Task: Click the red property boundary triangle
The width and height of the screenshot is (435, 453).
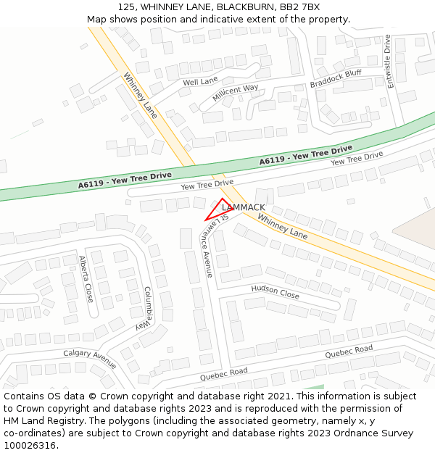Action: pyautogui.click(x=218, y=210)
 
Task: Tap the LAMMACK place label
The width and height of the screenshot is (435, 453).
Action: pyautogui.click(x=244, y=207)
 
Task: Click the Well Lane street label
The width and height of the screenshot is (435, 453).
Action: pyautogui.click(x=200, y=82)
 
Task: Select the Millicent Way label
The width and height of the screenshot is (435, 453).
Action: pyautogui.click(x=235, y=93)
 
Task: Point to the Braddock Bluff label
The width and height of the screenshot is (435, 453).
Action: pyautogui.click(x=335, y=78)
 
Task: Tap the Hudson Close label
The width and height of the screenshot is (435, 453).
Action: pyautogui.click(x=275, y=291)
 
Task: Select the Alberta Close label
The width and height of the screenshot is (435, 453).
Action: pyautogui.click(x=86, y=279)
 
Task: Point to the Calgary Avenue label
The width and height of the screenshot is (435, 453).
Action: pyautogui.click(x=90, y=358)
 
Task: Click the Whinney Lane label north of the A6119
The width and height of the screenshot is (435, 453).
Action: pyautogui.click(x=140, y=95)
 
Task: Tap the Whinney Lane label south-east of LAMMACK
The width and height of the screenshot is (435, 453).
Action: pyautogui.click(x=282, y=227)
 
